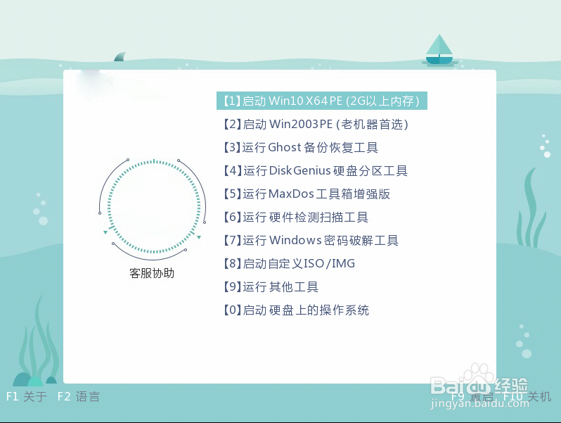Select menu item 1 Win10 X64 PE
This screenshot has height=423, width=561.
point(322,101)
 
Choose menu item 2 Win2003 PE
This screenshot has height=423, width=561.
point(316,125)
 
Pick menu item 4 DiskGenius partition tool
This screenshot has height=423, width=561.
point(315,171)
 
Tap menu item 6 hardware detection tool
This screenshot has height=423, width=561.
point(295,217)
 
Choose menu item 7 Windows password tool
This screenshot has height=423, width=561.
point(310,241)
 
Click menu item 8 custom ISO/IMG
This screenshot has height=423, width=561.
point(288,264)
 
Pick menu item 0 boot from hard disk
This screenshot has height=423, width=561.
point(295,310)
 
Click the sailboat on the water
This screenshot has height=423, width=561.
point(439,50)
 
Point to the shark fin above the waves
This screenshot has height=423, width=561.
point(120,56)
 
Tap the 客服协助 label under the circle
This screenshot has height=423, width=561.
point(151,273)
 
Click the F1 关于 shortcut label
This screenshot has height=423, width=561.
point(26,397)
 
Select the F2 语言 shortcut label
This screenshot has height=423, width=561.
point(78,397)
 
